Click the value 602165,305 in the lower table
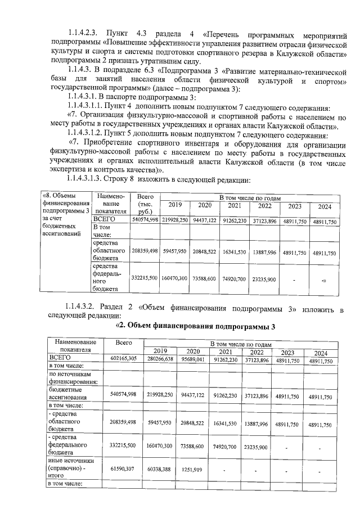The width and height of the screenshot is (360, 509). [x=125, y=358]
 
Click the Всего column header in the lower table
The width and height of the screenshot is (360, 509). [x=123, y=342]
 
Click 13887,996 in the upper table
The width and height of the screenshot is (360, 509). [x=264, y=253]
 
